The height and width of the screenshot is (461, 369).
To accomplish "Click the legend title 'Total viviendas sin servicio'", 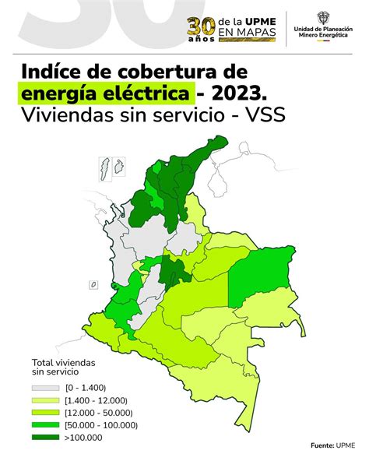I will click(x=64, y=368).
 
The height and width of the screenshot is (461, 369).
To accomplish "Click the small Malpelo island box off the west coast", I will click(x=93, y=285).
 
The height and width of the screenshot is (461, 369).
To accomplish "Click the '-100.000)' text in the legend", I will click(x=117, y=425).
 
